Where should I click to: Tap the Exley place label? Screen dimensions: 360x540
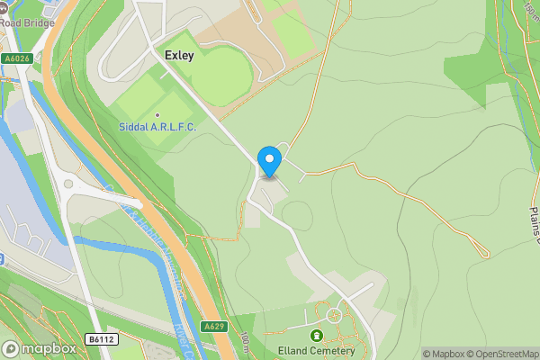click(179, 55)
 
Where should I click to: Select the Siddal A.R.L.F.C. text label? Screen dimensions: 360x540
click(157, 127)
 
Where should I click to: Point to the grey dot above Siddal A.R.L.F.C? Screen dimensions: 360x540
click(157, 115)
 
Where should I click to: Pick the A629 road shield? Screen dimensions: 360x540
click(212, 326)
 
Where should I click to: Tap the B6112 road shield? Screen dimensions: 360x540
click(101, 338)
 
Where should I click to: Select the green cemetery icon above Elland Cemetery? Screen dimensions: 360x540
click(316, 336)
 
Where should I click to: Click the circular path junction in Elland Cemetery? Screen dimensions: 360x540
click(335, 315)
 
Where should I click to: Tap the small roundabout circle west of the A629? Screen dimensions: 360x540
click(67, 184)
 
